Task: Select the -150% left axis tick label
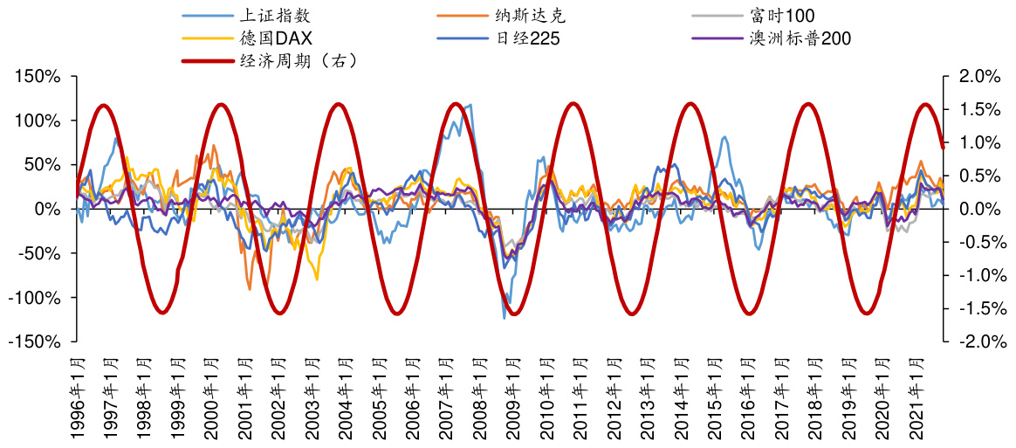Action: click(x=36, y=342)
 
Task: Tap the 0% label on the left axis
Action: click(x=47, y=210)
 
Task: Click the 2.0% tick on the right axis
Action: click(x=978, y=77)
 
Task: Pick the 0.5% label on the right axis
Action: click(x=978, y=176)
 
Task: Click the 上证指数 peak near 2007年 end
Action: click(x=471, y=105)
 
